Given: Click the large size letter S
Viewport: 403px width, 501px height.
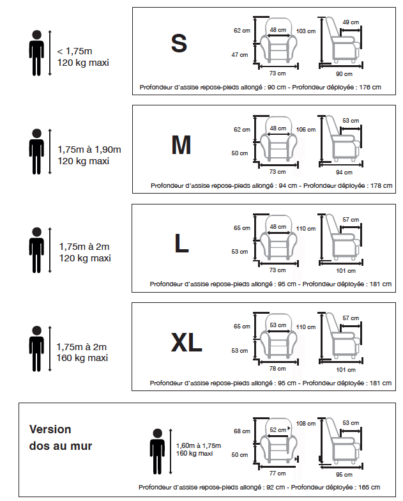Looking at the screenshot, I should (x=179, y=43).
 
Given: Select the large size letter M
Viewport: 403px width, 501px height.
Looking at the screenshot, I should (x=181, y=146).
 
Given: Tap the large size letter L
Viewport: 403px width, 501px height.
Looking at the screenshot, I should (x=182, y=243).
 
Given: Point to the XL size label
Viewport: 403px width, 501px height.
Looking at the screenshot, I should (x=186, y=343).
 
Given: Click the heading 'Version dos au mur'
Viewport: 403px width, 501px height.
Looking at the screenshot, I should (x=61, y=438).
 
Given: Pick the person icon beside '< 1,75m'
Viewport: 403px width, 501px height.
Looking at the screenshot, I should (x=36, y=54).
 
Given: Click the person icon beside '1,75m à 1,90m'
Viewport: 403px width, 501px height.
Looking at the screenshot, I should (x=36, y=152).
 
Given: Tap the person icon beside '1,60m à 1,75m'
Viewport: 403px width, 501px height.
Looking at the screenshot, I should (x=156, y=451).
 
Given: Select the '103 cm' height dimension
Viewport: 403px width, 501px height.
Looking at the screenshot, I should (x=306, y=31).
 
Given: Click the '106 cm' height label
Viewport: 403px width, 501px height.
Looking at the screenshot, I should (x=306, y=130).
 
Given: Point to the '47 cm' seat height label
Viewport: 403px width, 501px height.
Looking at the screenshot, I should (x=240, y=55).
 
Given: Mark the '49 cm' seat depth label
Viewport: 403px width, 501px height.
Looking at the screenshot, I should (x=350, y=22).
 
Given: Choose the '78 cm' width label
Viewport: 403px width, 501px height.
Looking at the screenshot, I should (x=277, y=369).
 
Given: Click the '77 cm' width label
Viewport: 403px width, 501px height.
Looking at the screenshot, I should (x=277, y=473).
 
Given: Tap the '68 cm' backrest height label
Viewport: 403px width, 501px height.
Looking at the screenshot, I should (x=241, y=431).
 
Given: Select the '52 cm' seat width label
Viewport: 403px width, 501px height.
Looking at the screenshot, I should (x=277, y=429).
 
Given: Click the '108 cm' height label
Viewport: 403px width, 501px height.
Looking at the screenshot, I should (x=306, y=423).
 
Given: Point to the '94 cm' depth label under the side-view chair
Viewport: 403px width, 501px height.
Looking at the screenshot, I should (x=344, y=172).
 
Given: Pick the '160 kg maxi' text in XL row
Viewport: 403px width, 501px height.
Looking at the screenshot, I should (x=82, y=358).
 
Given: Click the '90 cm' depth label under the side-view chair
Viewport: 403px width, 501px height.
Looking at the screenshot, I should (x=344, y=73).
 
